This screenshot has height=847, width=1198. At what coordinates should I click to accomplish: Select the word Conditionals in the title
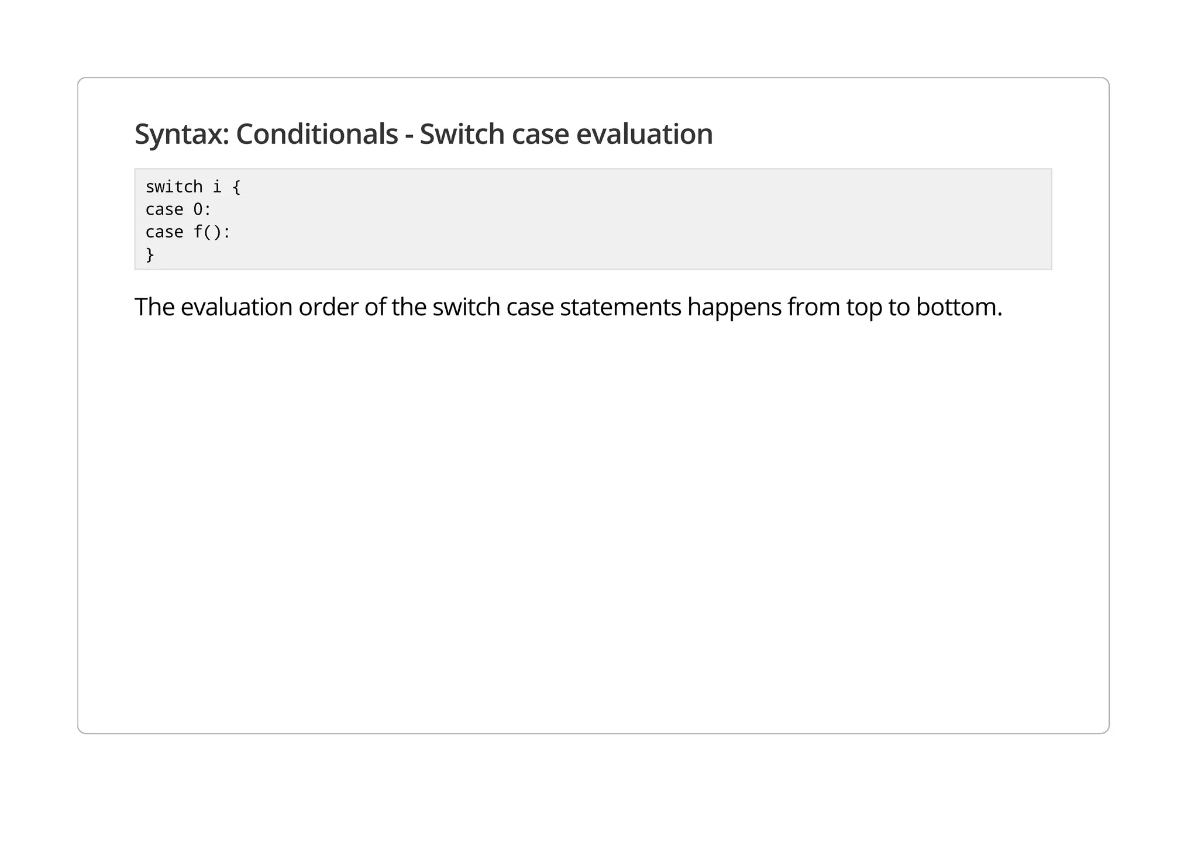(316, 135)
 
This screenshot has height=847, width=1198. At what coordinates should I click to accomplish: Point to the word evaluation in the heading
(644, 135)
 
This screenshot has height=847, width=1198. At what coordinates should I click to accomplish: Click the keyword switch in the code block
(174, 187)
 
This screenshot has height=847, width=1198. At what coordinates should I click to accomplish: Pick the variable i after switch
(217, 187)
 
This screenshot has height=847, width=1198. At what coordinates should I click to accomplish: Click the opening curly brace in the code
(236, 187)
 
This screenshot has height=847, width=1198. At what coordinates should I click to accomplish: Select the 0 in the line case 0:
(198, 209)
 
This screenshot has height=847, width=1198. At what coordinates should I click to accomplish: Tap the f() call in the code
(208, 232)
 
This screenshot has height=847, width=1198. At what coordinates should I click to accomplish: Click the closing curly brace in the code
(150, 255)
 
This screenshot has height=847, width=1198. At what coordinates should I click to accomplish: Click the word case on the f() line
(164, 232)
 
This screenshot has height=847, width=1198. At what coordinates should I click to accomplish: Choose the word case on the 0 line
(164, 209)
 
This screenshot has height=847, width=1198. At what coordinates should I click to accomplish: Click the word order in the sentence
(328, 308)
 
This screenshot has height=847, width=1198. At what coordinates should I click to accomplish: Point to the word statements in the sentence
(620, 308)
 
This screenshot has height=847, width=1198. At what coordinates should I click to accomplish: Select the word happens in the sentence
(734, 308)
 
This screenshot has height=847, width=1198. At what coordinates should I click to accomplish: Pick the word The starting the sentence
(154, 308)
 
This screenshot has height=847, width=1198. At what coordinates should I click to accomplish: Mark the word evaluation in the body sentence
(236, 308)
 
